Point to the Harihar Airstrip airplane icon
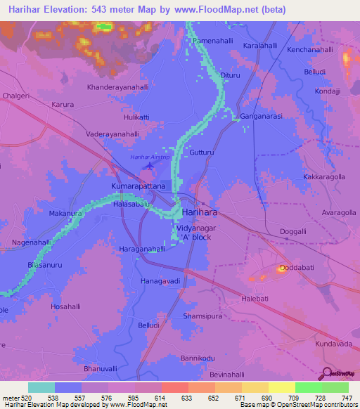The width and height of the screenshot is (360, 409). (x=150, y=166)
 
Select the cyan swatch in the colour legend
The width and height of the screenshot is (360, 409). (x=41, y=387)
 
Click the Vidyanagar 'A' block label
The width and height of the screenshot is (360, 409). (x=196, y=233)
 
